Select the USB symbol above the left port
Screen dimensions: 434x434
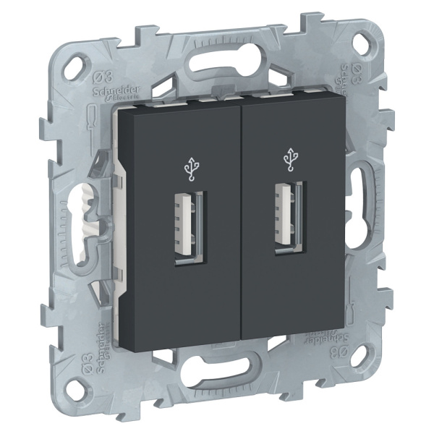[x=191, y=169]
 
